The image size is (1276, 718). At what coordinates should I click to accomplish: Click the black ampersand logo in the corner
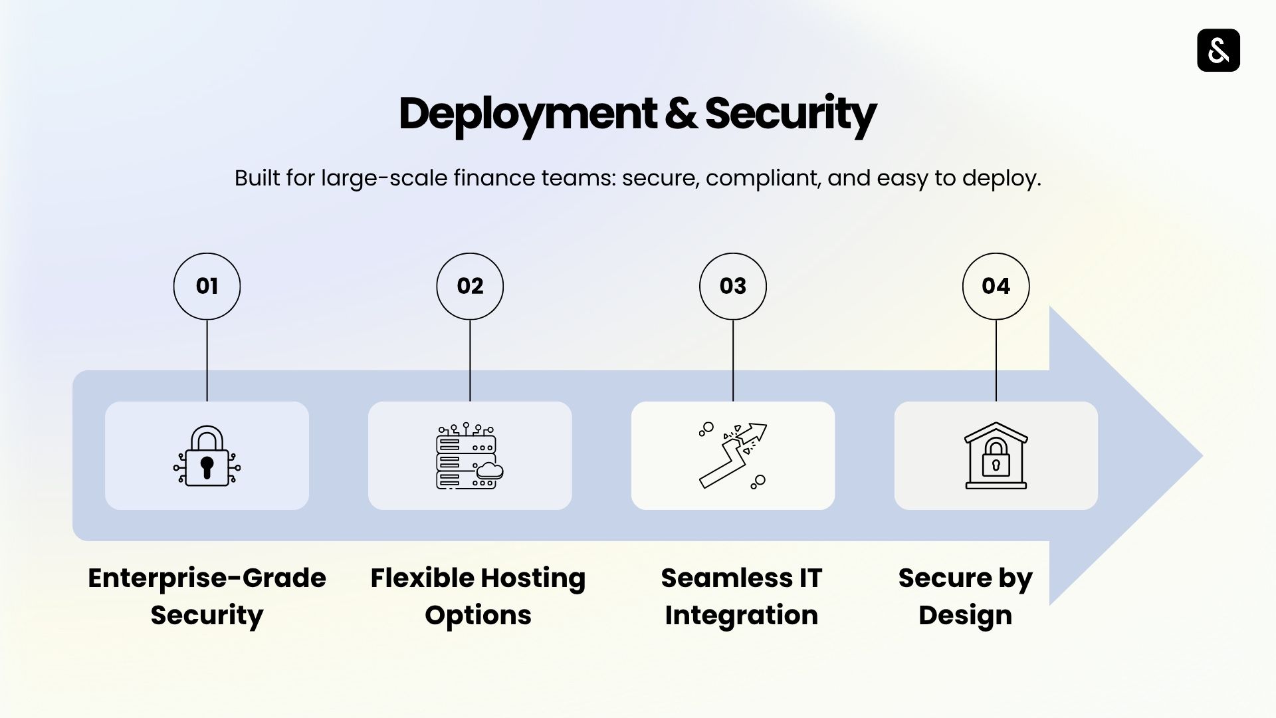pos(1218,51)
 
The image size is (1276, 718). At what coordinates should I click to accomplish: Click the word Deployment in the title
pos(527,114)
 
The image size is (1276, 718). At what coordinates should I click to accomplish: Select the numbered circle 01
pos(207,286)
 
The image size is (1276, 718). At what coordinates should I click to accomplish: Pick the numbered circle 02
pos(470,286)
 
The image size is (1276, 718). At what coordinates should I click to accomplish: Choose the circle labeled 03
pos(733,286)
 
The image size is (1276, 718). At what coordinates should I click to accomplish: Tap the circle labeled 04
pos(996,286)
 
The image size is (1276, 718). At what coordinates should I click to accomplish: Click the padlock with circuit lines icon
pos(207,456)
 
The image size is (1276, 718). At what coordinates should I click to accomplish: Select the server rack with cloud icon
pos(469,456)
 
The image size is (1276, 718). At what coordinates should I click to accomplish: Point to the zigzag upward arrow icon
pos(732,455)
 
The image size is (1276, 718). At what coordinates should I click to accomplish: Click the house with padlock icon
pos(996,456)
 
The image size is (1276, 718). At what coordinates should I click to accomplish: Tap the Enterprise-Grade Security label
pos(207,596)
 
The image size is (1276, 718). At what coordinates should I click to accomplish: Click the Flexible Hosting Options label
pos(478,596)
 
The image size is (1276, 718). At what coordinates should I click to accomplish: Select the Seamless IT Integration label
pos(741,596)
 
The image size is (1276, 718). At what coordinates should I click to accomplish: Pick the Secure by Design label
pos(965,596)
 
